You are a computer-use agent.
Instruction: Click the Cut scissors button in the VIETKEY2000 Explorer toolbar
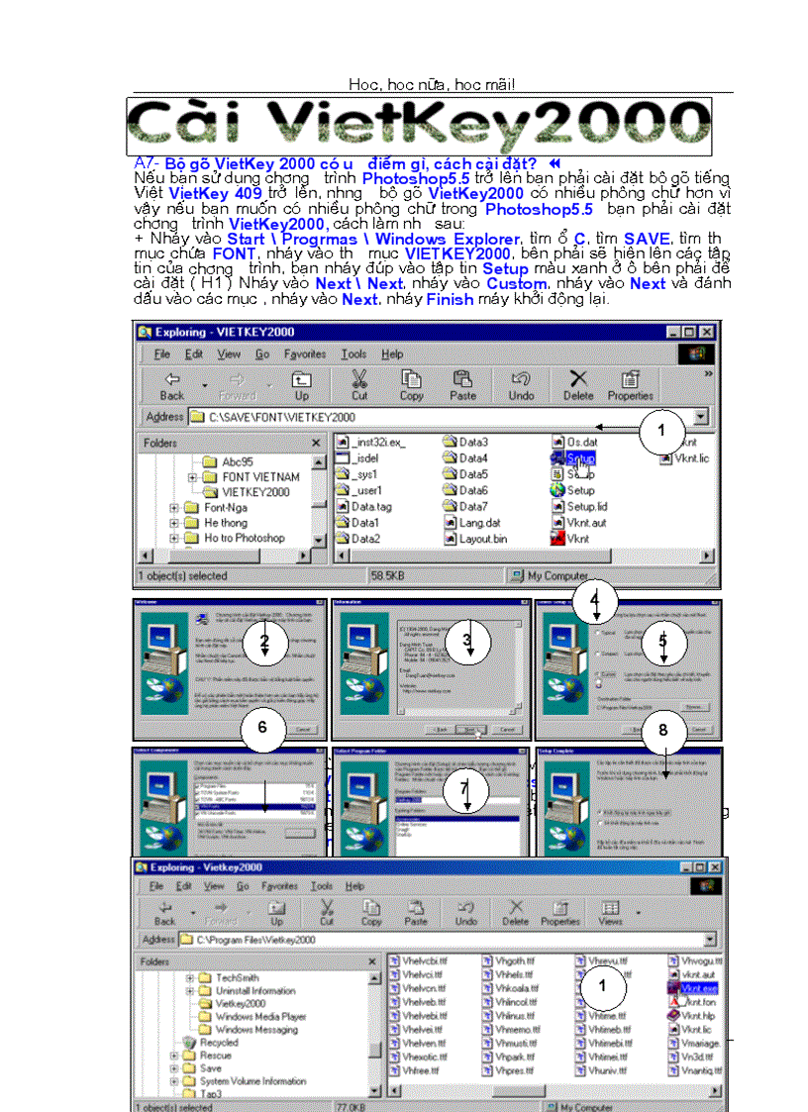(x=359, y=383)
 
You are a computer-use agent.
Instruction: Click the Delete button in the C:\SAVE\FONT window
(x=578, y=383)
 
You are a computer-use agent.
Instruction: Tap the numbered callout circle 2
(x=263, y=643)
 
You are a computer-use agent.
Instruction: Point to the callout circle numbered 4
(x=594, y=600)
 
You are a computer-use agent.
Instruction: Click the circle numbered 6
(x=261, y=727)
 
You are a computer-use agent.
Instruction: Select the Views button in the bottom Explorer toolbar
(x=611, y=912)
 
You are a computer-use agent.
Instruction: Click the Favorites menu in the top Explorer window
(x=305, y=354)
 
